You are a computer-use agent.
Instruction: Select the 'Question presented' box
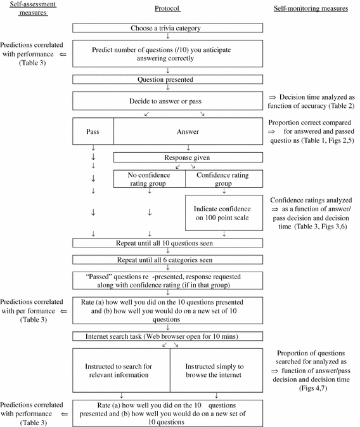click(x=167, y=80)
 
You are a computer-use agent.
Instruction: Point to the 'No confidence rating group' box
click(x=150, y=180)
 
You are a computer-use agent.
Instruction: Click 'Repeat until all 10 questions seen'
click(x=167, y=242)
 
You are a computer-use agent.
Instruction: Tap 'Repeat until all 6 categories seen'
click(x=167, y=259)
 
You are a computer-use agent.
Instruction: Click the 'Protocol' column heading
click(x=167, y=8)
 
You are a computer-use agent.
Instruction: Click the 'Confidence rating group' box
click(x=224, y=180)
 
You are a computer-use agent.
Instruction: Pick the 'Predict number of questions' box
click(x=167, y=54)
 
